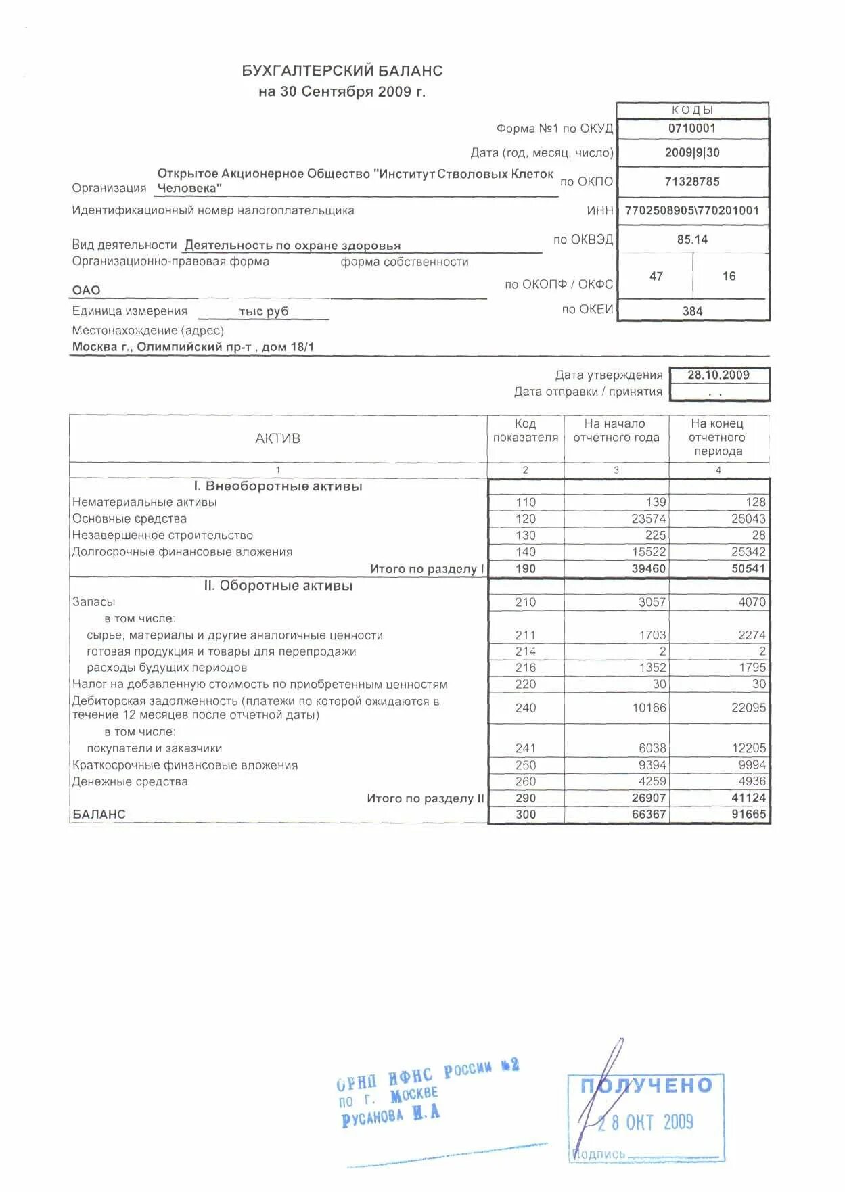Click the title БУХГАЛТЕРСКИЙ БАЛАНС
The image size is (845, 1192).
(x=342, y=71)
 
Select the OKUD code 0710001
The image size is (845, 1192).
(x=691, y=129)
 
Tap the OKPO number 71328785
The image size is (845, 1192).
(x=691, y=181)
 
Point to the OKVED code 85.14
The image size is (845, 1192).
(x=691, y=239)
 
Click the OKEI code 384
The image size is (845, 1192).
(x=692, y=311)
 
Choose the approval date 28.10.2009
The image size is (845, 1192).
(x=718, y=375)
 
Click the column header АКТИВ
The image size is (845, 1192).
(x=277, y=438)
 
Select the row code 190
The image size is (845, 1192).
(x=525, y=569)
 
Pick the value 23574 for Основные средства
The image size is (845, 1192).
(x=649, y=519)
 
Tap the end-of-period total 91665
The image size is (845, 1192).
(x=748, y=815)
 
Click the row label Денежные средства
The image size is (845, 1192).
(x=130, y=781)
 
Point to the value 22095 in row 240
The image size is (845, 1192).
(x=748, y=708)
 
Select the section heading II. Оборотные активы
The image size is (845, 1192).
(x=278, y=586)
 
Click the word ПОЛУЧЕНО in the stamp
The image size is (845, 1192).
(x=646, y=1085)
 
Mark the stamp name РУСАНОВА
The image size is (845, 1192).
(x=372, y=1118)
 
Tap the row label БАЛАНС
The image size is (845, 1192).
(x=99, y=815)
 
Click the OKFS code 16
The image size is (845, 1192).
(x=729, y=276)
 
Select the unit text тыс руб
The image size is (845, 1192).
(x=263, y=311)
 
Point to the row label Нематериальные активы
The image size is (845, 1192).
(x=144, y=502)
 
